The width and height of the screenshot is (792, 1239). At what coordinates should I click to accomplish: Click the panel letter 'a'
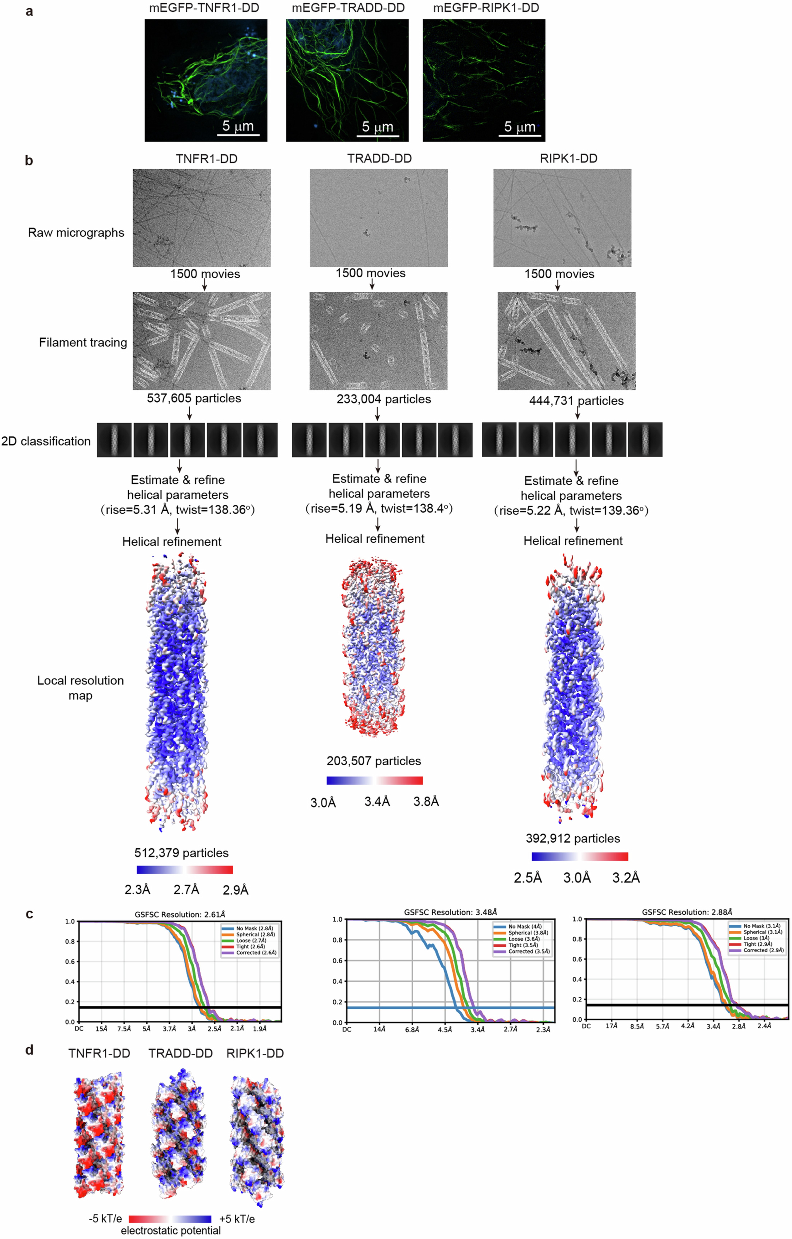pos(29,11)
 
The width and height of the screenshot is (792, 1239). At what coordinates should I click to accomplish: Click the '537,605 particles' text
pos(194,398)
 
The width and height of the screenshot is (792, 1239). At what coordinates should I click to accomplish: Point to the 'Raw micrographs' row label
pos(76,233)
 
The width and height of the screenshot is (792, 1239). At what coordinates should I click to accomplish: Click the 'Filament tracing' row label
pos(83,343)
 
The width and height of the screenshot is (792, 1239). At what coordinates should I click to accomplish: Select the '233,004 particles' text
pos(384,399)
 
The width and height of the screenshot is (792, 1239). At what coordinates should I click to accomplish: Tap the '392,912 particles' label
pos(573,838)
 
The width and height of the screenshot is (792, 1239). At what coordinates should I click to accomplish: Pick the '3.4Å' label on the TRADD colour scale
pos(377,801)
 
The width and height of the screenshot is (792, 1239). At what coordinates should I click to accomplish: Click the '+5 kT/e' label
pos(237,1219)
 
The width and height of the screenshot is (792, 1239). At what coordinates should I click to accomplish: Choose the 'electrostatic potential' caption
pos(171,1230)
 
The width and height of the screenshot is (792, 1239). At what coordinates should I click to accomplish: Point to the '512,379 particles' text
pos(181,853)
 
